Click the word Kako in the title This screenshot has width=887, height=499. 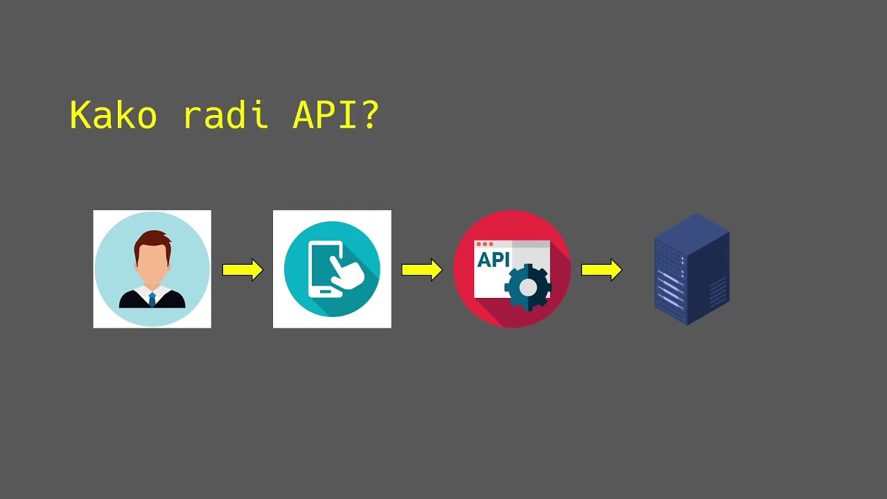click(113, 115)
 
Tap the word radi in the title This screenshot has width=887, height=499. click(225, 115)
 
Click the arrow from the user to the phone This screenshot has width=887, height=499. click(243, 270)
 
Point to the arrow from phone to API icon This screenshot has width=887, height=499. click(422, 270)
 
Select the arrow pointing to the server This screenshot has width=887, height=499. click(601, 270)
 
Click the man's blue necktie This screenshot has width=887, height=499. click(152, 299)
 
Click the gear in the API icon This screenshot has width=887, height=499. click(528, 287)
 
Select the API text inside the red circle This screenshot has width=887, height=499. click(493, 261)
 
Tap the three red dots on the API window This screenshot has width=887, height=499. click(484, 244)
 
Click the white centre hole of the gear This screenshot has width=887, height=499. click(528, 287)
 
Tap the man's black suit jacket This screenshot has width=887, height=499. click(132, 301)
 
